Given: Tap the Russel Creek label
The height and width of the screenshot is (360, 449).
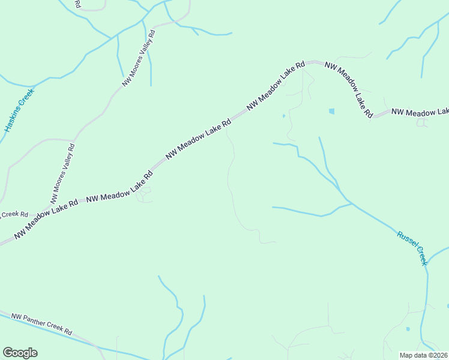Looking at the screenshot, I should [x=412, y=247].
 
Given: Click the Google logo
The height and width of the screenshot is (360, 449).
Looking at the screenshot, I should [x=20, y=353].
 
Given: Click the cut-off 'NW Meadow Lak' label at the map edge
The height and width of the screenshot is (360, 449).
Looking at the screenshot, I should [x=420, y=112].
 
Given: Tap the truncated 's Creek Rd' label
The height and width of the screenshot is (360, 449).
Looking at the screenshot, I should [x=14, y=214].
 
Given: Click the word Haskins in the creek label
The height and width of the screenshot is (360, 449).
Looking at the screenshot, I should [x=14, y=117].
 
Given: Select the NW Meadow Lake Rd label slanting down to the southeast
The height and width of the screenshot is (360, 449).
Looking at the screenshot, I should [x=349, y=89].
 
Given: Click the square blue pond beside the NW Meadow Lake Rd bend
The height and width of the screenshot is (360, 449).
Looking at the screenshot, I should [x=331, y=111].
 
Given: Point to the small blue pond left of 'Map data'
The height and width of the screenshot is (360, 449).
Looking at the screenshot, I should [x=408, y=329].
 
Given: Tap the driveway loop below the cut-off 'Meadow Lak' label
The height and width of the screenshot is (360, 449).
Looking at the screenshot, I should [x=423, y=123].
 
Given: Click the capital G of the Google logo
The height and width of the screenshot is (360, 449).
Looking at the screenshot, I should [x=8, y=353].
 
